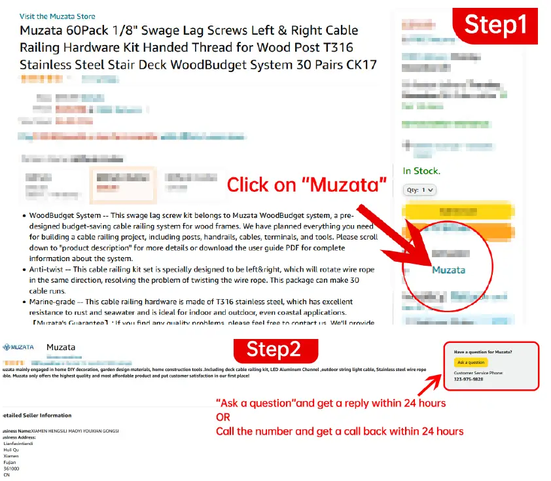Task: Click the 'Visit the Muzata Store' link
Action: click(x=57, y=16)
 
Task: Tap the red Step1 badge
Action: click(x=495, y=24)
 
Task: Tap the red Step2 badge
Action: click(x=273, y=349)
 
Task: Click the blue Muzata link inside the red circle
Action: click(x=448, y=270)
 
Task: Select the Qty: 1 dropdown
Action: click(x=419, y=190)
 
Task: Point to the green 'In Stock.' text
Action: click(x=421, y=171)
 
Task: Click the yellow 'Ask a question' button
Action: click(x=471, y=363)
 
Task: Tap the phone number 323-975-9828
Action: click(x=469, y=379)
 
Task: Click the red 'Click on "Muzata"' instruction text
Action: click(x=306, y=185)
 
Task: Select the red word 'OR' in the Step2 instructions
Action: click(x=222, y=417)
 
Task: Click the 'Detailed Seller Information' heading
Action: click(x=37, y=416)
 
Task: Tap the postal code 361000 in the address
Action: click(x=11, y=469)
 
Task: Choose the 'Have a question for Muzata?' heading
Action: click(x=483, y=352)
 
